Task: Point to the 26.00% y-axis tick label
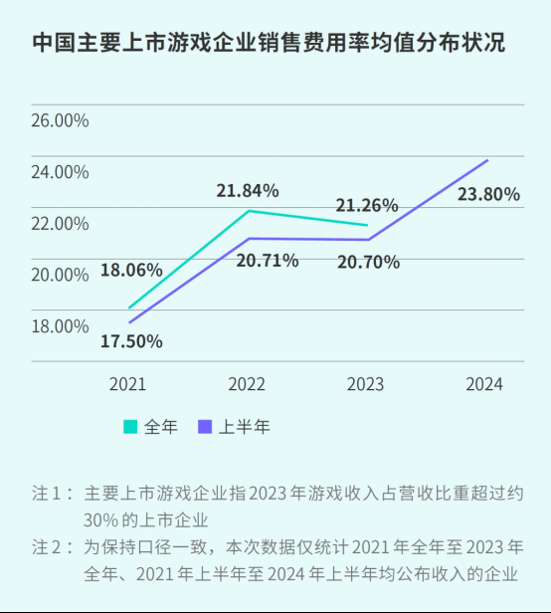click(60, 121)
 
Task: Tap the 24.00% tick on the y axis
click(60, 172)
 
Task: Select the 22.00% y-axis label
click(60, 224)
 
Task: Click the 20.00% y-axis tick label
click(60, 275)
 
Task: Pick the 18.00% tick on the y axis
click(60, 326)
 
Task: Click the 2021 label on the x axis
click(127, 384)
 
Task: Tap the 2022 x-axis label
click(247, 384)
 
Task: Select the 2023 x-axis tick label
click(366, 384)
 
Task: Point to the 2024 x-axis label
click(484, 384)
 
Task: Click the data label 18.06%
click(130, 270)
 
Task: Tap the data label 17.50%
click(131, 341)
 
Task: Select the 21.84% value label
click(248, 190)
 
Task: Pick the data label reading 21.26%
click(366, 206)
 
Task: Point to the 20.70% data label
click(367, 263)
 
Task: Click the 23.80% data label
click(488, 195)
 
